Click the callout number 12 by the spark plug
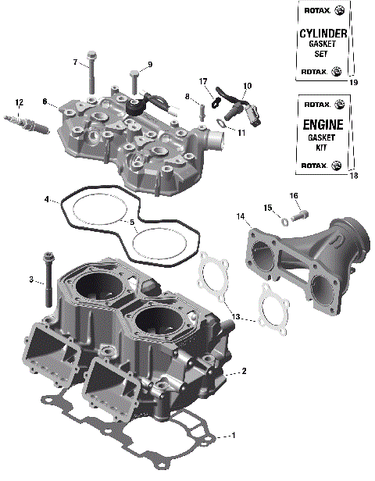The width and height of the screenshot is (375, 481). (x=19, y=102)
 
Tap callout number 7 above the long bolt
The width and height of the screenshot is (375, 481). (x=76, y=62)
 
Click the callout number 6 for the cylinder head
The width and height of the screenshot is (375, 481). (x=45, y=102)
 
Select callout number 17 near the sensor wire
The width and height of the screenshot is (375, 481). (x=202, y=81)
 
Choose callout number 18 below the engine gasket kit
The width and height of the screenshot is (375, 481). (x=353, y=176)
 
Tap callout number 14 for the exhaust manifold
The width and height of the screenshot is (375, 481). (x=241, y=216)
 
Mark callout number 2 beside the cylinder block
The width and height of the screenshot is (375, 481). (x=245, y=371)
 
